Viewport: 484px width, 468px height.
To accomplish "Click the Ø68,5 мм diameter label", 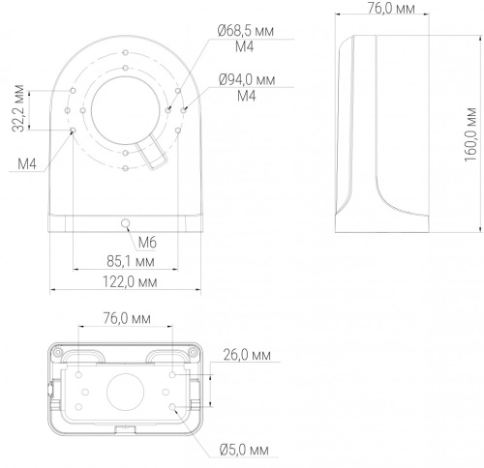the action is click(x=246, y=31).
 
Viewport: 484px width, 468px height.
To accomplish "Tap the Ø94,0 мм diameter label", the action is click(x=247, y=79).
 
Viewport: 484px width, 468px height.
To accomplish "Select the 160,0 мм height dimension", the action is click(x=470, y=134).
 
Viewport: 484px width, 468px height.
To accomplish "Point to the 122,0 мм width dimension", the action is click(x=130, y=282).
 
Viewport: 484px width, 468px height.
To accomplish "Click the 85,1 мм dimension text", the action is click(x=131, y=261).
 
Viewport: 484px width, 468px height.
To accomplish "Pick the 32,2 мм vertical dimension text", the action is click(x=18, y=108).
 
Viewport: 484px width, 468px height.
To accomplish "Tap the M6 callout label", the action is click(x=147, y=243).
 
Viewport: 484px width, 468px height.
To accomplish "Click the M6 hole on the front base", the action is click(x=125, y=222).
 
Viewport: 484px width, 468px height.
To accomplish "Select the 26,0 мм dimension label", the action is click(x=247, y=355).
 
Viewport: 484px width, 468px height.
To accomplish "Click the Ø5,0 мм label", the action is click(x=244, y=450).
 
